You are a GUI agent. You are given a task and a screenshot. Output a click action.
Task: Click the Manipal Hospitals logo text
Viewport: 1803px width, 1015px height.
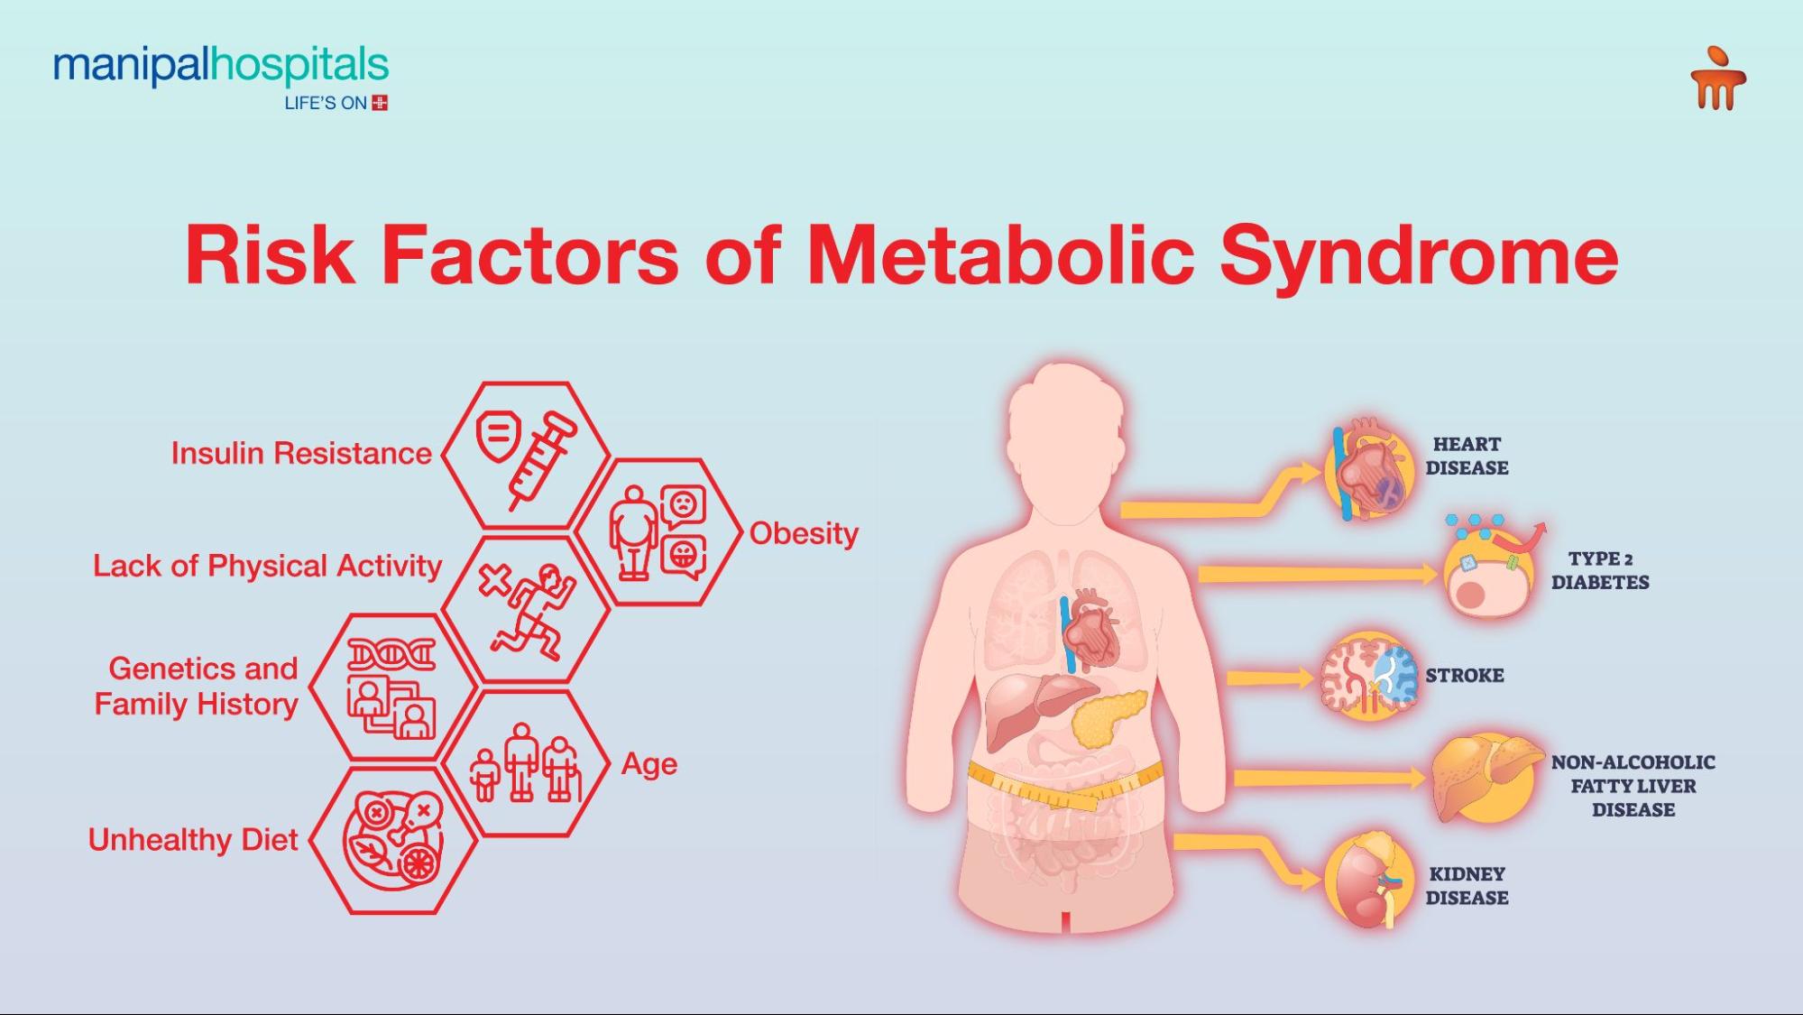click(220, 68)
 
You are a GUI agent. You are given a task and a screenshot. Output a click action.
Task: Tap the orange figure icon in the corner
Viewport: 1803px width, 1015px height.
click(1717, 79)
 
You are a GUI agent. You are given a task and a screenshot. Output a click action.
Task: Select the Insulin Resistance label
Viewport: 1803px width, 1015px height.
click(301, 453)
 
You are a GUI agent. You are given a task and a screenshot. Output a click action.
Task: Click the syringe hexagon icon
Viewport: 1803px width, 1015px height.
click(527, 455)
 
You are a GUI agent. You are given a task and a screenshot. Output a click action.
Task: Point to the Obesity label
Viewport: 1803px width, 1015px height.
click(804, 533)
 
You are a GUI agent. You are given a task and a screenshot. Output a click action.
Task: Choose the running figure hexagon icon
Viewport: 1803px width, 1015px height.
click(527, 609)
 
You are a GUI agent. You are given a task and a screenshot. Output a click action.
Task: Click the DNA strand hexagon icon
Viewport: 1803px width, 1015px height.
click(392, 687)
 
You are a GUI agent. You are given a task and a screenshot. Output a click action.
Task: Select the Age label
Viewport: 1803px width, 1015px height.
click(649, 764)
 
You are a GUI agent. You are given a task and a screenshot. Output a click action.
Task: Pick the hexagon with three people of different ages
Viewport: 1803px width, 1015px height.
click(525, 764)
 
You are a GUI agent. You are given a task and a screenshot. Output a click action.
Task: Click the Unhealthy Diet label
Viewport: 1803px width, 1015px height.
click(192, 840)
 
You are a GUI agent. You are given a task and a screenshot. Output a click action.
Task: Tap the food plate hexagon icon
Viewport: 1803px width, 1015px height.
click(393, 839)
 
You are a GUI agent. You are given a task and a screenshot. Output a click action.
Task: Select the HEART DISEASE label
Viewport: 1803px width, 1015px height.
click(1467, 456)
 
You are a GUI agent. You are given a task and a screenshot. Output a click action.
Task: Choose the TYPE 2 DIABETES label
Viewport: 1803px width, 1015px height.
click(1600, 570)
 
